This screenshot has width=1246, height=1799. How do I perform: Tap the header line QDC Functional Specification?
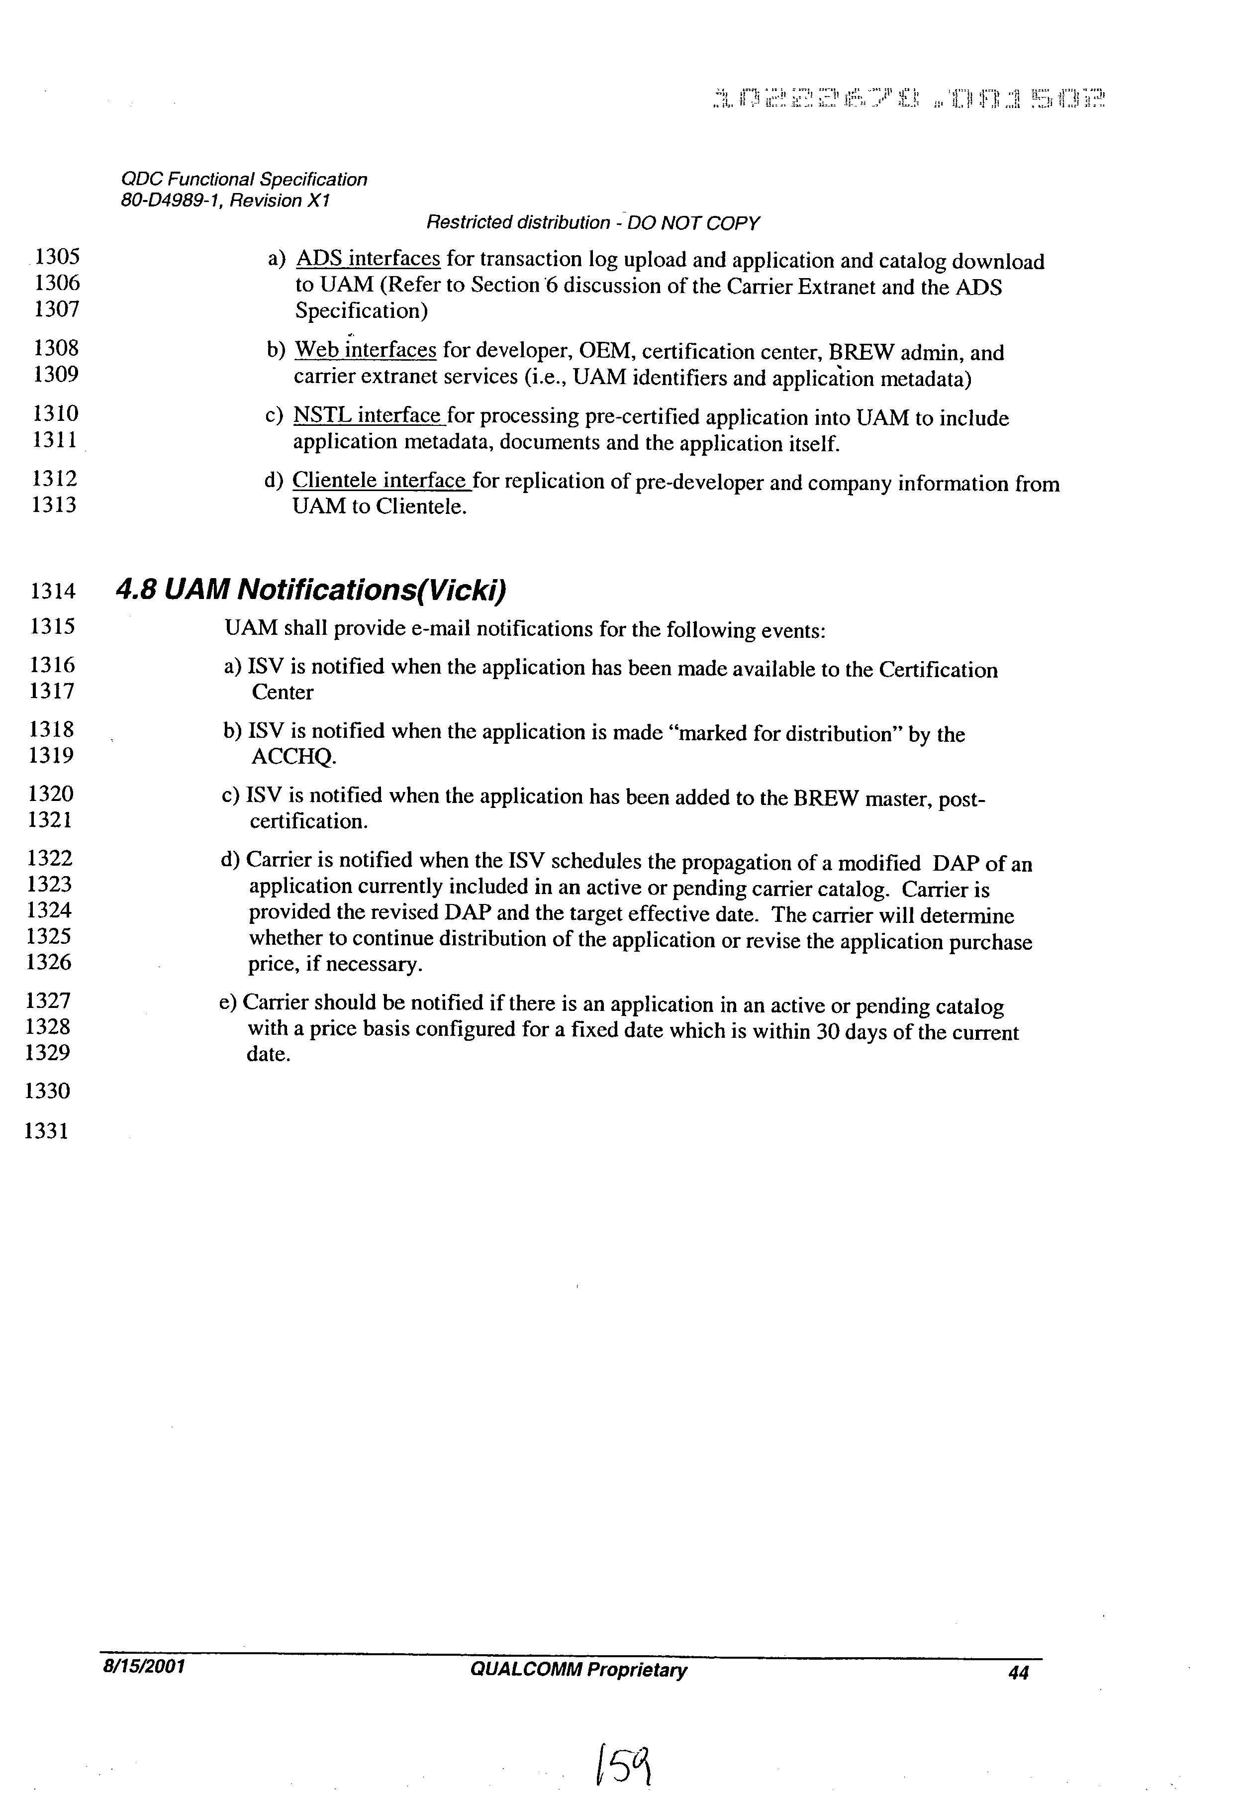pyautogui.click(x=244, y=180)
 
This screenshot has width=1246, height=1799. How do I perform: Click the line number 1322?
pyautogui.click(x=50, y=858)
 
